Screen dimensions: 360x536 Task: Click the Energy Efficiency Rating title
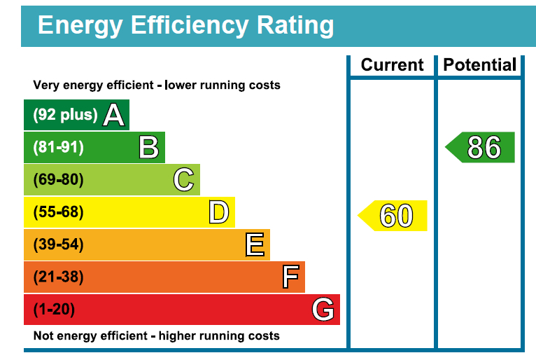coord(185,26)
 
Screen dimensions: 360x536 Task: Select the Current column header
coord(392,65)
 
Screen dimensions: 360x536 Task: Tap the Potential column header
coord(480,65)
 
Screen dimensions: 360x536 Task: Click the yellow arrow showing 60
coord(394,215)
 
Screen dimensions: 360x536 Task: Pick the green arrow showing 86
coord(481,147)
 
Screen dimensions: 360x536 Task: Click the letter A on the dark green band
coord(113,115)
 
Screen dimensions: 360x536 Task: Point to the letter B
coord(148,147)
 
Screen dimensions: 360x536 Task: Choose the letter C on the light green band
coord(183,180)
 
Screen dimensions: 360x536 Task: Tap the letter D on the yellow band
coord(218,212)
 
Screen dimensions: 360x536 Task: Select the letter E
coord(255,244)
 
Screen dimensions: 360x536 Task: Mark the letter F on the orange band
coord(290,277)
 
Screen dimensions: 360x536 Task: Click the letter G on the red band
coord(323,309)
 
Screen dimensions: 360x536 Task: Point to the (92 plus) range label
coord(65,115)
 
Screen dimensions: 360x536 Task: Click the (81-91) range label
coord(59,147)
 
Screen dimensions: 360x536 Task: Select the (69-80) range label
coord(59,180)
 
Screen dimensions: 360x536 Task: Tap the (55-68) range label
coord(59,212)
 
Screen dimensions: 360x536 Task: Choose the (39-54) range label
coord(59,244)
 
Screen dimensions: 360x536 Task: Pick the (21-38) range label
coord(59,277)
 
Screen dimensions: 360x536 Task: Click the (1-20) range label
coord(54,309)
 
